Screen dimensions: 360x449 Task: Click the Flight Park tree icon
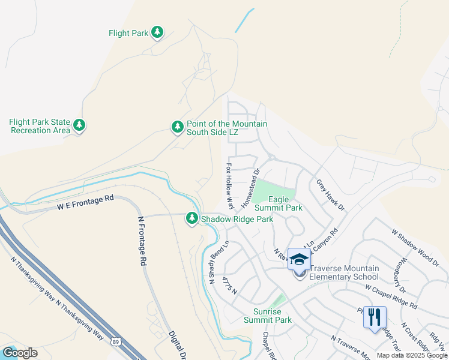coord(157,32)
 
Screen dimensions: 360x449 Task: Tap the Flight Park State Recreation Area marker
coord(79,126)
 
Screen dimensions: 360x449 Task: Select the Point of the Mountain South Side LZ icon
coord(177,127)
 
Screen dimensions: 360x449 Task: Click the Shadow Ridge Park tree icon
coord(192,219)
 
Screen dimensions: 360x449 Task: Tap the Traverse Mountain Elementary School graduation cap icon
coord(299,260)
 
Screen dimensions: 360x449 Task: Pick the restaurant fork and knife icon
coord(375,317)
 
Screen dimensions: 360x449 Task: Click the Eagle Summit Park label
coord(278,203)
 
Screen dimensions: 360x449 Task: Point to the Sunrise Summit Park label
coord(268,315)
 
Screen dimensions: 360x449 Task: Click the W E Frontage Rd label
coord(86,202)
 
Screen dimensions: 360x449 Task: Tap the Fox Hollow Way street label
coord(229,185)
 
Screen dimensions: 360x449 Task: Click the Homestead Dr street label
coord(250,190)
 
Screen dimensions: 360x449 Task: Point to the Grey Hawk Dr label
coord(331,195)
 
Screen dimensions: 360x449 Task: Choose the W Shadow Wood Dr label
coord(415,247)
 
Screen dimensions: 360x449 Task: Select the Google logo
coord(19,353)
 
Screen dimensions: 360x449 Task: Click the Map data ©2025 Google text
coord(412,355)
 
